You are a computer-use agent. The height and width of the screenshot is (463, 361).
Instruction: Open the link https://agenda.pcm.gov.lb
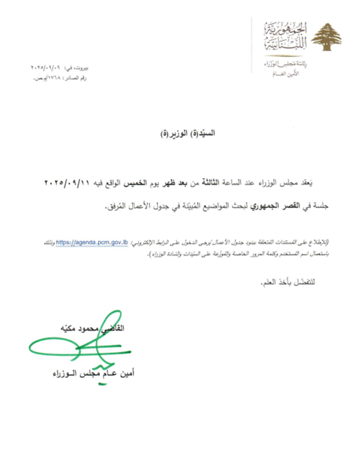[99, 243]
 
